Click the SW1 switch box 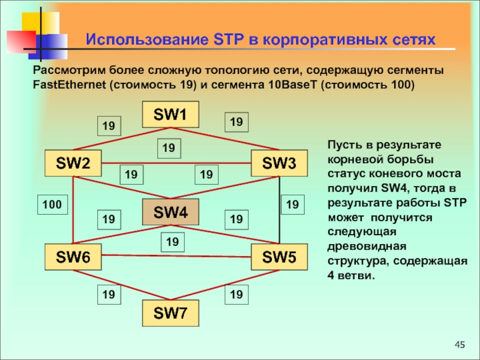[x=170, y=115]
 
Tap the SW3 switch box [x=279, y=163]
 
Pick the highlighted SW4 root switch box [x=170, y=212]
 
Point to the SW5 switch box [x=279, y=257]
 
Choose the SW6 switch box [x=73, y=257]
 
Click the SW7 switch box [x=170, y=313]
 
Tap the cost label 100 [x=52, y=205]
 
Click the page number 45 [x=460, y=344]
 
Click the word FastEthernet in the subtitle [x=68, y=84]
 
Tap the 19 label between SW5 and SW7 [x=236, y=294]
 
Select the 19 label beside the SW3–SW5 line [x=292, y=205]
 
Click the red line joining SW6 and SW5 [x=176, y=256]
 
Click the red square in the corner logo [x=21, y=41]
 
